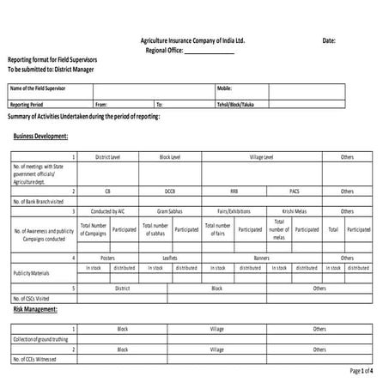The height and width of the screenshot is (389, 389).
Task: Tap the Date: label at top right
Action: tap(329, 40)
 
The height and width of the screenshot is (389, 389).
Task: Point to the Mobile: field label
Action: tap(225, 88)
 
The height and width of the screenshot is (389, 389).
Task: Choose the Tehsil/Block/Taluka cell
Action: tap(236, 104)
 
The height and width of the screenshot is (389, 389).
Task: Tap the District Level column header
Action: tap(107, 157)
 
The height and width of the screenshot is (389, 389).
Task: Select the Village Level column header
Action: tap(261, 157)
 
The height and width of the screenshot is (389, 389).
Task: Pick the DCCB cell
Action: tap(170, 191)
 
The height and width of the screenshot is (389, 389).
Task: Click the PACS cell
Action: tap(295, 191)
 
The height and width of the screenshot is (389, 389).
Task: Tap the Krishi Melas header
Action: tap(295, 210)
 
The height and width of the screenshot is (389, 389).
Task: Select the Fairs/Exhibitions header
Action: tap(234, 210)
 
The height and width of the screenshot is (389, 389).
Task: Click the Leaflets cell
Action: tap(170, 258)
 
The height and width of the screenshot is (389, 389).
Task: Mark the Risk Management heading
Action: tap(35, 308)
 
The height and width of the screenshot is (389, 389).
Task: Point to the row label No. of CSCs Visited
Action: tap(32, 296)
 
